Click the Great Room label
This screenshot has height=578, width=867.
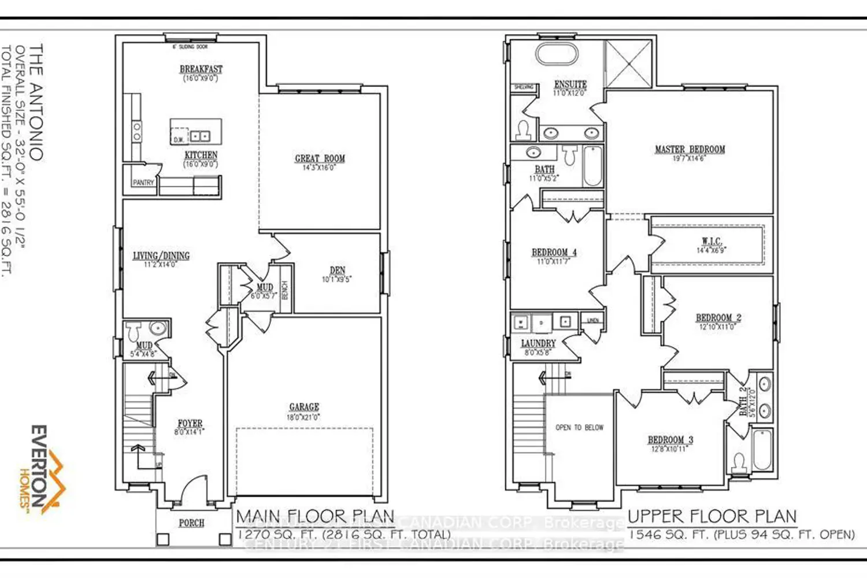(x=320, y=158)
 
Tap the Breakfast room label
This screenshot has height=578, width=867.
(x=201, y=69)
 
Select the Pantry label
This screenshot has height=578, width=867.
(x=143, y=183)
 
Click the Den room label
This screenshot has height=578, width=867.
(x=337, y=270)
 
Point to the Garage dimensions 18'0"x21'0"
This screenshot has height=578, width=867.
(x=303, y=417)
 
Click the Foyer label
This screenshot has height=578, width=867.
(x=190, y=423)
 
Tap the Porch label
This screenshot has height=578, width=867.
(x=191, y=523)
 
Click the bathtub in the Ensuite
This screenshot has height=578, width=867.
(x=556, y=54)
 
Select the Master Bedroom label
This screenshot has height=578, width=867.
(x=690, y=149)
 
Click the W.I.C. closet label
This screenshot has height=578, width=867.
(x=712, y=241)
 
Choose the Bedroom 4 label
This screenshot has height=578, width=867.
(x=554, y=253)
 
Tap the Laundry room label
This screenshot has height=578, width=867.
(x=538, y=343)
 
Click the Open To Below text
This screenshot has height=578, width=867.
(x=579, y=428)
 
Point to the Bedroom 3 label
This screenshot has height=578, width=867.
(x=670, y=440)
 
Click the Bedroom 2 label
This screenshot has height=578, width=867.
(x=718, y=318)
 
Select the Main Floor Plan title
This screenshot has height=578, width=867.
(x=315, y=516)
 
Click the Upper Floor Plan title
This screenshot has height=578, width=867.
(x=712, y=516)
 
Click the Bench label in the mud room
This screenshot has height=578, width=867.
(x=285, y=289)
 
